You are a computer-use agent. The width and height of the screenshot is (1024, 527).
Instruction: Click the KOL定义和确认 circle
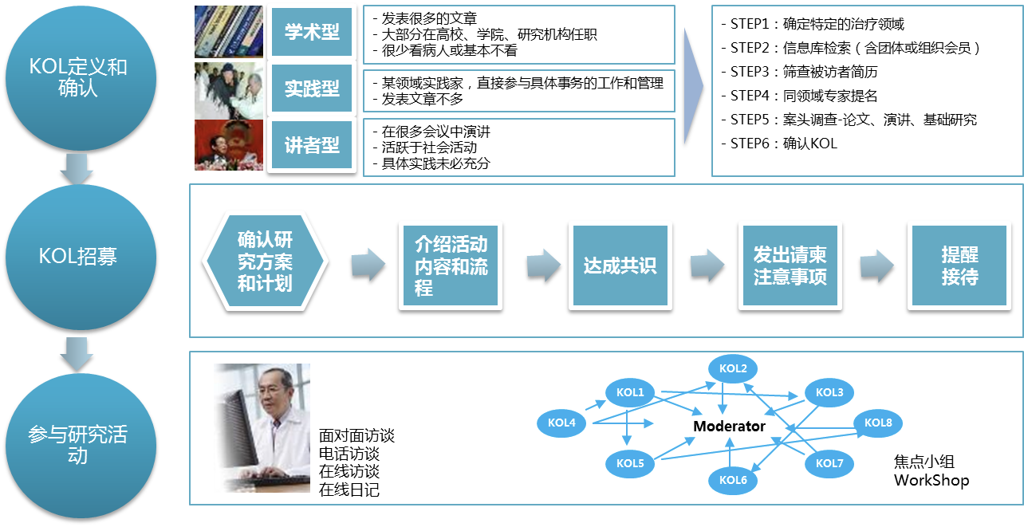81,79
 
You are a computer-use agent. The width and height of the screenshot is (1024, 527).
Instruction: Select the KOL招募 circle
81,257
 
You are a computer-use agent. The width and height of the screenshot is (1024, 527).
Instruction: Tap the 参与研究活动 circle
81,446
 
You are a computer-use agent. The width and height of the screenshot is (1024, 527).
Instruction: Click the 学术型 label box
312,32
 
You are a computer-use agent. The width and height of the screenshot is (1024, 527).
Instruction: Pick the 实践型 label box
312,88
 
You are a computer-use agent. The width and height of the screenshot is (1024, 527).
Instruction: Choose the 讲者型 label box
312,145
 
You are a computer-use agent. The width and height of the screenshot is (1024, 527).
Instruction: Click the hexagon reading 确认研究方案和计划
265,261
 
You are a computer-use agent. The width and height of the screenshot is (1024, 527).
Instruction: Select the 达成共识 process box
620,265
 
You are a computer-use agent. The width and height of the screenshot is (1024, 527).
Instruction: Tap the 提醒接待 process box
959,265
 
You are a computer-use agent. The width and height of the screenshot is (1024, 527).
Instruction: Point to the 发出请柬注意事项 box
790,265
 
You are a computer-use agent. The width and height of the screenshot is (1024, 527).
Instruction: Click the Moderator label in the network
729,426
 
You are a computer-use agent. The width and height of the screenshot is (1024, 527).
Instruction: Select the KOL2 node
733,368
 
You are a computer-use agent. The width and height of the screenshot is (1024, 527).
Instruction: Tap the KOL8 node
878,423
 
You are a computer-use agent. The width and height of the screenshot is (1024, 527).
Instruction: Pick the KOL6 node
733,480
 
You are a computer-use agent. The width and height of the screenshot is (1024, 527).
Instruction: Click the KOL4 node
561,423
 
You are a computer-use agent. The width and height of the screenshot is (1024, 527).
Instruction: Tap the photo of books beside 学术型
229,32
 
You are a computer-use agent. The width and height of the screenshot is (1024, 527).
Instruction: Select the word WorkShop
931,481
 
